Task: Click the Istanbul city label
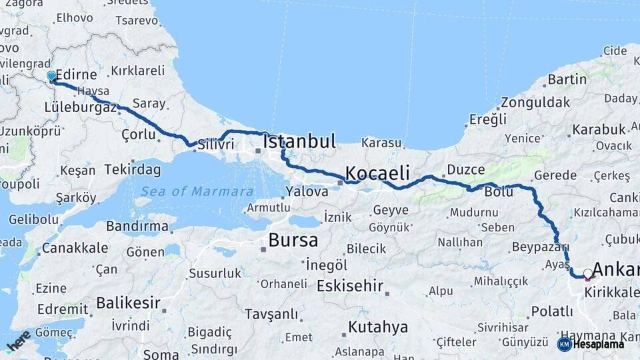click(299, 141)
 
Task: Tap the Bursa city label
click(293, 240)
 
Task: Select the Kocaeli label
click(377, 173)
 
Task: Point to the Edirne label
click(77, 75)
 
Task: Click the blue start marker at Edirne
click(51, 77)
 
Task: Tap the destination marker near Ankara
click(587, 273)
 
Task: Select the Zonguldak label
click(535, 102)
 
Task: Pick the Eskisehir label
click(349, 286)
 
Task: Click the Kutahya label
click(377, 327)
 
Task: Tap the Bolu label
click(499, 191)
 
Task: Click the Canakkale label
click(75, 248)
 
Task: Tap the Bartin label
click(567, 79)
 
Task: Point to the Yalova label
click(307, 191)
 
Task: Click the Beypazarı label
click(535, 247)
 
